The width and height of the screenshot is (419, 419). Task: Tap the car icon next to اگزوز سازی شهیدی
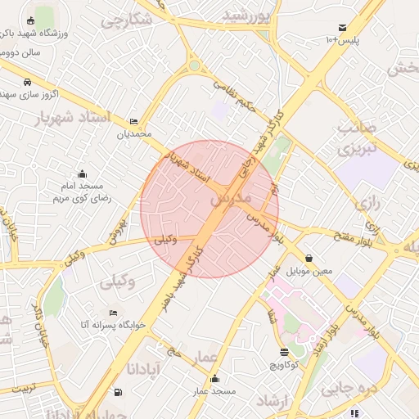(28, 83)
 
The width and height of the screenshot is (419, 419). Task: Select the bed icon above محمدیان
(134, 121)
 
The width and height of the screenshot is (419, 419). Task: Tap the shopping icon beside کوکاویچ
(284, 352)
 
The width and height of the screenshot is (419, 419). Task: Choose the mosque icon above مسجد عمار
(214, 379)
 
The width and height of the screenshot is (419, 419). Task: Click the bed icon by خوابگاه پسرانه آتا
(113, 313)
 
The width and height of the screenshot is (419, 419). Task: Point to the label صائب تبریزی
(358, 139)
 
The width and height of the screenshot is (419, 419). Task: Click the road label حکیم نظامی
(234, 94)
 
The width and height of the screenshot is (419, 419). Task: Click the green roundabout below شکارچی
(194, 65)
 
